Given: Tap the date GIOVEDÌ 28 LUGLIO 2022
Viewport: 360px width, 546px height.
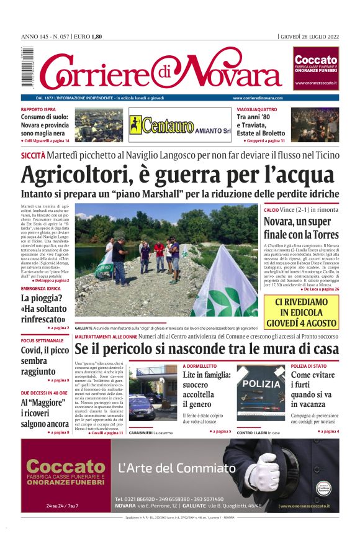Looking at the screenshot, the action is (x=309, y=37).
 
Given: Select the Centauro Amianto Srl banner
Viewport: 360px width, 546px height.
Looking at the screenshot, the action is (x=180, y=125).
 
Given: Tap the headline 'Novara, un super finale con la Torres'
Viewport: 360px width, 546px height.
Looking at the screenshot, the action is (x=301, y=228).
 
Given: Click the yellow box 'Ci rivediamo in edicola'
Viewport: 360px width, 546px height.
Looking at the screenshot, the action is (x=301, y=312).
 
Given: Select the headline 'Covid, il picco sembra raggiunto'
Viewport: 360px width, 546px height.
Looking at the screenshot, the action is (x=41, y=361).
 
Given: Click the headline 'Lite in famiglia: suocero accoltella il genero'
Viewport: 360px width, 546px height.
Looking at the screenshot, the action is (x=207, y=389).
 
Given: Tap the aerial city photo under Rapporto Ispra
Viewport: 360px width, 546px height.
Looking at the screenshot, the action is (x=99, y=125).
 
